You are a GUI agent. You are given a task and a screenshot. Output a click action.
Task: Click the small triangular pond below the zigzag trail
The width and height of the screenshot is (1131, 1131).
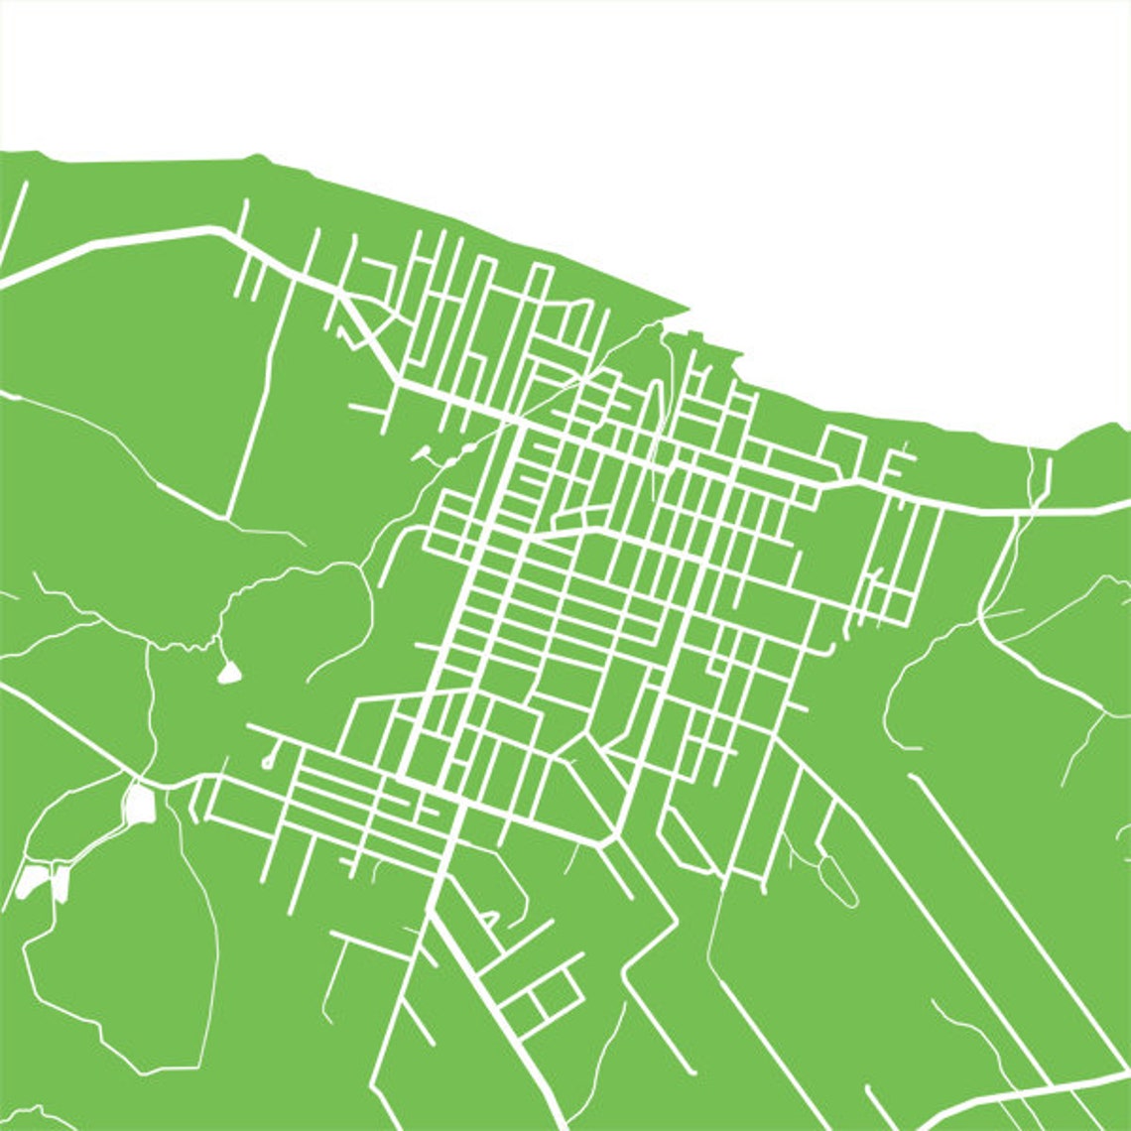click(230, 674)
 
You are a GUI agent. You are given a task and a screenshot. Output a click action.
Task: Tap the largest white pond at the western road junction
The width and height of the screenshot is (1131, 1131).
click(140, 805)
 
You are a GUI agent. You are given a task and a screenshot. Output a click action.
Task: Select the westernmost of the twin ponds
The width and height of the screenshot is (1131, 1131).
click(32, 880)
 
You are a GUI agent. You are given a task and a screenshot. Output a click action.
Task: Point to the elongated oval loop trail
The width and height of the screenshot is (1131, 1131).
click(837, 880)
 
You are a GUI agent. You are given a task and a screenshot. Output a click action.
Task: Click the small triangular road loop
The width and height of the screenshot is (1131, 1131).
click(489, 918)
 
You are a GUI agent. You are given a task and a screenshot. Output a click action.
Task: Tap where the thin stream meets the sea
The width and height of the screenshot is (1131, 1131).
click(1038, 451)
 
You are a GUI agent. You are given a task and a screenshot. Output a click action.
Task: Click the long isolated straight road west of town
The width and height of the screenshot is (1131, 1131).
click(250, 417)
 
